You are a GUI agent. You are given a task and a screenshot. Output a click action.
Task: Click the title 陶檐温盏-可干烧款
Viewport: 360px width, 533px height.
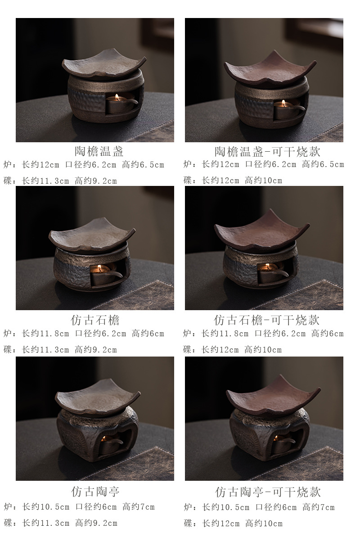point(267,151)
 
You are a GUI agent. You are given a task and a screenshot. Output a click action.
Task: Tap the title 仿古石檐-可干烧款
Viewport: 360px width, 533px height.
point(266,320)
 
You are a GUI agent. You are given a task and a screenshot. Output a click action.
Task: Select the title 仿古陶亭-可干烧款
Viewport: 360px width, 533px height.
point(268,492)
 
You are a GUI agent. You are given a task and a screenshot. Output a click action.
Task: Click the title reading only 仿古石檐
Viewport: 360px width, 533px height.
point(95,320)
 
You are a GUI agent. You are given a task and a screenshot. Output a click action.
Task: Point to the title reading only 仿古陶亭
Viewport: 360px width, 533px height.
point(95,491)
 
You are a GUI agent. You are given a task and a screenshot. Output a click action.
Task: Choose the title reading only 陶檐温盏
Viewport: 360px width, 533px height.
point(99,151)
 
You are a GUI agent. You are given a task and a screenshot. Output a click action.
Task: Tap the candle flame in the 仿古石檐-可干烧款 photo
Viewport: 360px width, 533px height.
point(268,266)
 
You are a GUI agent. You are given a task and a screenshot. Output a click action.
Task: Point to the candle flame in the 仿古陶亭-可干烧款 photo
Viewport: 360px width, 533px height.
point(276,438)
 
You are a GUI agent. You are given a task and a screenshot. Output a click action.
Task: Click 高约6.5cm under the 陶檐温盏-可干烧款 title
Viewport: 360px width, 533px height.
point(323,164)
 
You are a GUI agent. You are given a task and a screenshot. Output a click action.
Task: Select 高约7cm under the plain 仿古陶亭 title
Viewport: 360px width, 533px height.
point(138,507)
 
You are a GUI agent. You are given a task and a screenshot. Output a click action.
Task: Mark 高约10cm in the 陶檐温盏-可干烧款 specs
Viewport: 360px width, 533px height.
point(263,180)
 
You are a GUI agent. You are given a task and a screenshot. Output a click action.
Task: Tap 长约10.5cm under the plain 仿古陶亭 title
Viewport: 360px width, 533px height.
point(45,507)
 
